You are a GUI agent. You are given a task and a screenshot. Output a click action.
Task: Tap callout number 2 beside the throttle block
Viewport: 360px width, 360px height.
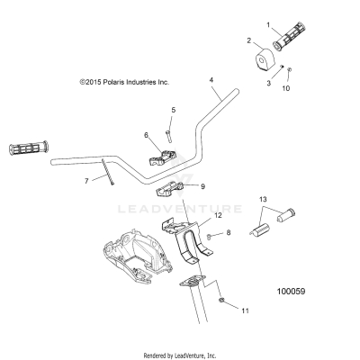249,40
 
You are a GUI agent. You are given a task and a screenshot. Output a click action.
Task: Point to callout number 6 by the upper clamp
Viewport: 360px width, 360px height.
146,135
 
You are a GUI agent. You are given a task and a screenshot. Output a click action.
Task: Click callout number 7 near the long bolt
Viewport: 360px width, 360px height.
87,181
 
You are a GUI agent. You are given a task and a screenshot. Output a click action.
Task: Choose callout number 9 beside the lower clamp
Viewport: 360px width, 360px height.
202,186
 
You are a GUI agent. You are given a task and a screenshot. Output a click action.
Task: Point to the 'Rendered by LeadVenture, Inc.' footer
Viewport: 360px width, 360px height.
180,354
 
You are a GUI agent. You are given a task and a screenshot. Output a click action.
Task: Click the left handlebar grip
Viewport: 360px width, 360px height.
30,147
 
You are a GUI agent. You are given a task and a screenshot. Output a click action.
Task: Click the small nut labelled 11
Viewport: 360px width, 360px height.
221,300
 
